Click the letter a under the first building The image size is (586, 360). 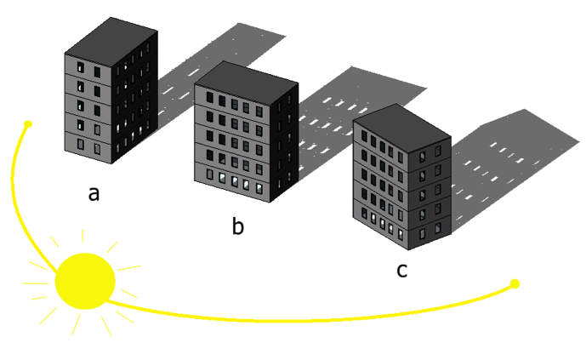[94, 194]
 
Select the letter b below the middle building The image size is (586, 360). [237, 225]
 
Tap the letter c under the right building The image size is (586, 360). [401, 271]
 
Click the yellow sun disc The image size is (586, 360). [85, 281]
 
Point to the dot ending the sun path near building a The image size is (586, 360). [28, 123]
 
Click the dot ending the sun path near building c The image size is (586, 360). [515, 283]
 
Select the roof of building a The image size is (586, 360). [111, 41]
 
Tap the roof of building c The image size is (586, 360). [401, 127]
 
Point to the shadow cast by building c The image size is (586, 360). [515, 164]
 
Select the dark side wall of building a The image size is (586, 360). [134, 97]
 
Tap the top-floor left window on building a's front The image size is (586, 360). [81, 67]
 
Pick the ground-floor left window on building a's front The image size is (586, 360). [81, 144]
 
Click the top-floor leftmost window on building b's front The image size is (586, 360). [210, 98]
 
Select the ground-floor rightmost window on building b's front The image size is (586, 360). [259, 188]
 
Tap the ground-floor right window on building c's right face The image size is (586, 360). [438, 228]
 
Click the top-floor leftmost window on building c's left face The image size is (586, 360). [364, 135]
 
